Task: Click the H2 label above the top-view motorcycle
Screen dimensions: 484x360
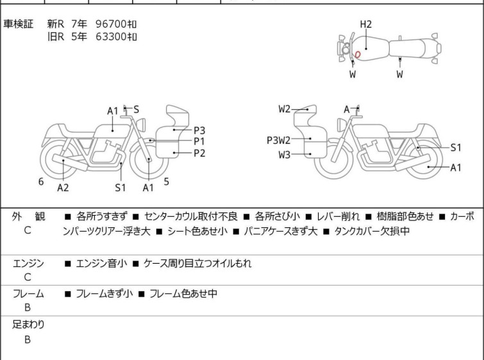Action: [x=366, y=24]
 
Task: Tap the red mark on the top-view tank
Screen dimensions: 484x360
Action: [x=358, y=55]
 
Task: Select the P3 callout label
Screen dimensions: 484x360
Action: [x=199, y=130]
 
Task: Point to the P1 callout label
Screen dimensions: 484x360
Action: [x=199, y=142]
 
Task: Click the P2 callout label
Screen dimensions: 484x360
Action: [x=199, y=153]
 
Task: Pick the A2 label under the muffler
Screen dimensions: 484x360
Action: [x=63, y=187]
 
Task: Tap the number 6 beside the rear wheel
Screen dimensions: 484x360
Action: [x=41, y=182]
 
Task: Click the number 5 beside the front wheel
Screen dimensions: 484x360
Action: [x=167, y=182]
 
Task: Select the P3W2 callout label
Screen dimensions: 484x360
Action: [x=278, y=141]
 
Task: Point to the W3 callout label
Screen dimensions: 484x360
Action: [x=284, y=155]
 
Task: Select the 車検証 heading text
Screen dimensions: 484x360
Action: [x=18, y=24]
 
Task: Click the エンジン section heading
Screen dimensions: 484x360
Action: [x=28, y=264]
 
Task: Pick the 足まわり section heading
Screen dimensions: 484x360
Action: [x=28, y=325]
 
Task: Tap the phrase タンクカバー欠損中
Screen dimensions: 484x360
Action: [x=372, y=231]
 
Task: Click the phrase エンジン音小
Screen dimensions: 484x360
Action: [x=101, y=264]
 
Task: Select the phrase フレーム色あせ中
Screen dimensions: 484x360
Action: [x=183, y=293]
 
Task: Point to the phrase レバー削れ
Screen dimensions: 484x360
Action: [x=338, y=217]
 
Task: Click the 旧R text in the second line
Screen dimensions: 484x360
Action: [x=56, y=37]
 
